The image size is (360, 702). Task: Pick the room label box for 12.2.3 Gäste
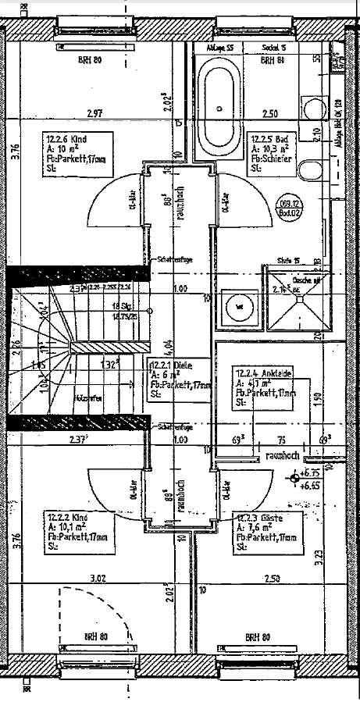coord(265,533)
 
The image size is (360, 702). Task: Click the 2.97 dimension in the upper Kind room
coord(94,114)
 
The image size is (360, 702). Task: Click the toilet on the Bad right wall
coord(312,169)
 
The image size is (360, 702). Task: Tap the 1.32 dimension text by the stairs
coord(109,363)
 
